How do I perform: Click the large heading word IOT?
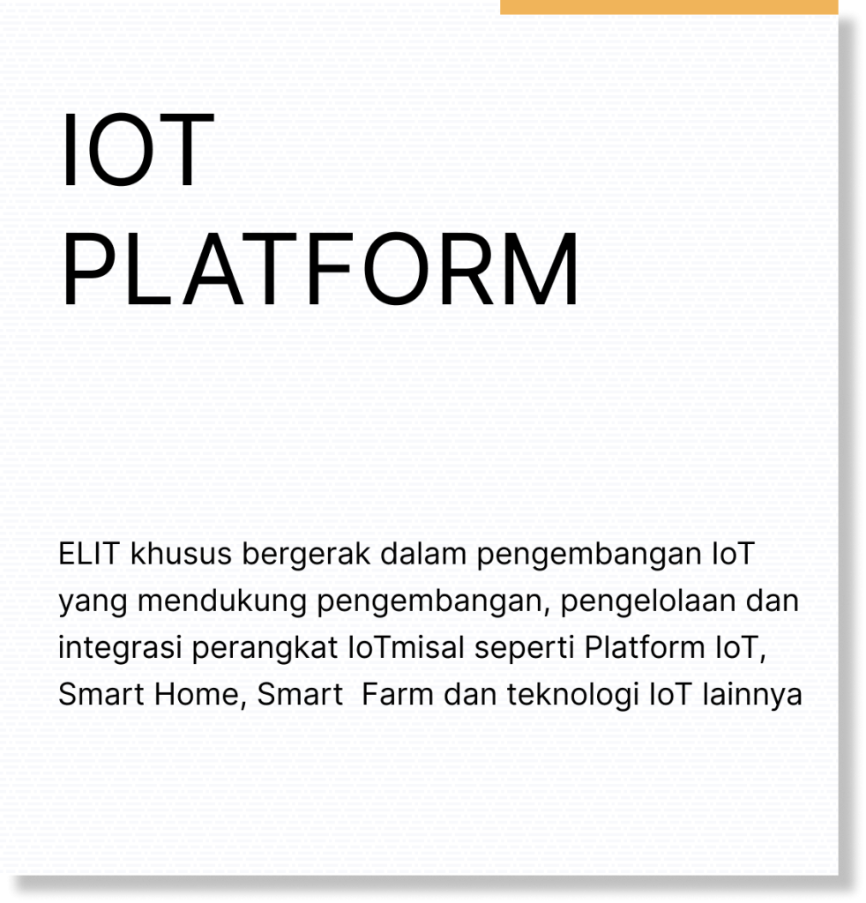(137, 150)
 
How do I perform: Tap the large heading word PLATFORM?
(320, 269)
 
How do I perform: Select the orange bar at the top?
(668, 7)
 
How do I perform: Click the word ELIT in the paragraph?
(88, 554)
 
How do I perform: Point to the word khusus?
(181, 554)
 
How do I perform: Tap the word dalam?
(423, 554)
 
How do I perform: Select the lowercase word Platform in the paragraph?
(645, 647)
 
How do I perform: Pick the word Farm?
(398, 694)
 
